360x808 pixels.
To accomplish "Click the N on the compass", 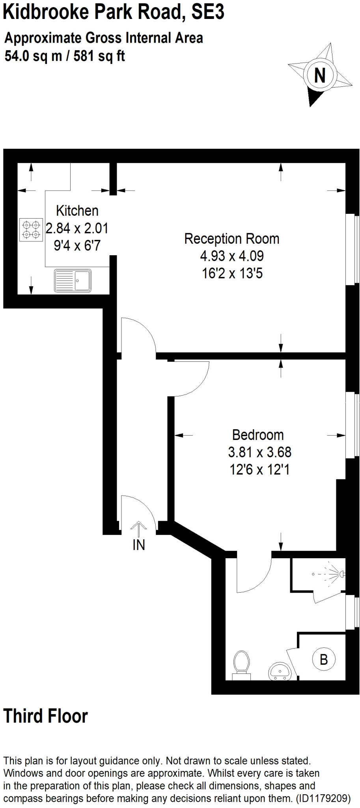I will [x=320, y=75].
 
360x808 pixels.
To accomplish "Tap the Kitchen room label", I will [x=77, y=211].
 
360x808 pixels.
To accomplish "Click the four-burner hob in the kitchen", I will [x=31, y=230].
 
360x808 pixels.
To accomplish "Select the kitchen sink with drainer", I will [x=73, y=281].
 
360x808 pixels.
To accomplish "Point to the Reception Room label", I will [x=232, y=239].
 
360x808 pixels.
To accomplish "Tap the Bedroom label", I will [x=258, y=435].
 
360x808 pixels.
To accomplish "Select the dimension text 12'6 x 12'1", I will [x=259, y=469].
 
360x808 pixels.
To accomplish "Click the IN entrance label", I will [x=139, y=545].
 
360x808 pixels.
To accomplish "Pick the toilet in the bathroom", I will [x=241, y=664].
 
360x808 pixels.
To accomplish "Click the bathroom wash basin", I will [x=281, y=671].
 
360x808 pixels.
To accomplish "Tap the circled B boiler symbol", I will [x=324, y=659].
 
